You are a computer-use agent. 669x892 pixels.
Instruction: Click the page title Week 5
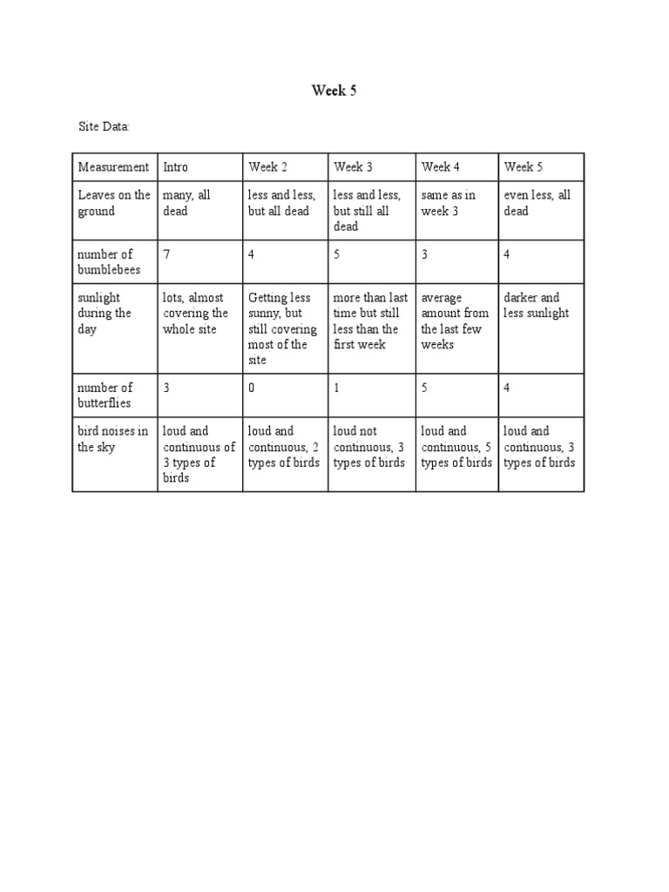[334, 91]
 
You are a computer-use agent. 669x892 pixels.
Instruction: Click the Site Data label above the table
[104, 127]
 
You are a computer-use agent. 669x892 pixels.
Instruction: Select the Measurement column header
[113, 166]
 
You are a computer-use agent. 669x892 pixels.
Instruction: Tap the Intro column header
[175, 166]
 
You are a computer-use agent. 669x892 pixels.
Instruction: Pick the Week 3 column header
[353, 166]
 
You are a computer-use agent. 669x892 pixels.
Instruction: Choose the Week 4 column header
[440, 166]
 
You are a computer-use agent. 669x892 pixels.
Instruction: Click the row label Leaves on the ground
[113, 203]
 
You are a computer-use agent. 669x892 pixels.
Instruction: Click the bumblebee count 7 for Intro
[166, 254]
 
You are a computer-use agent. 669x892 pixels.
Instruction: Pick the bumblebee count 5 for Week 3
[337, 254]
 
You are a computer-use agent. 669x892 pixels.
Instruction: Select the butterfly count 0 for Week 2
[252, 388]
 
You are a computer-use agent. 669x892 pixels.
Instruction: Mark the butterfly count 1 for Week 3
[337, 388]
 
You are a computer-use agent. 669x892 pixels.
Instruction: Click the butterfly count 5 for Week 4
[424, 388]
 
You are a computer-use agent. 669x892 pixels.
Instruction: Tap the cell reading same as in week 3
[448, 203]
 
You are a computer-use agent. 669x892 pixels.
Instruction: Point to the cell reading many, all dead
[186, 203]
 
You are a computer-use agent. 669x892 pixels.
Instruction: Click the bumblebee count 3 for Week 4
[424, 254]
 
